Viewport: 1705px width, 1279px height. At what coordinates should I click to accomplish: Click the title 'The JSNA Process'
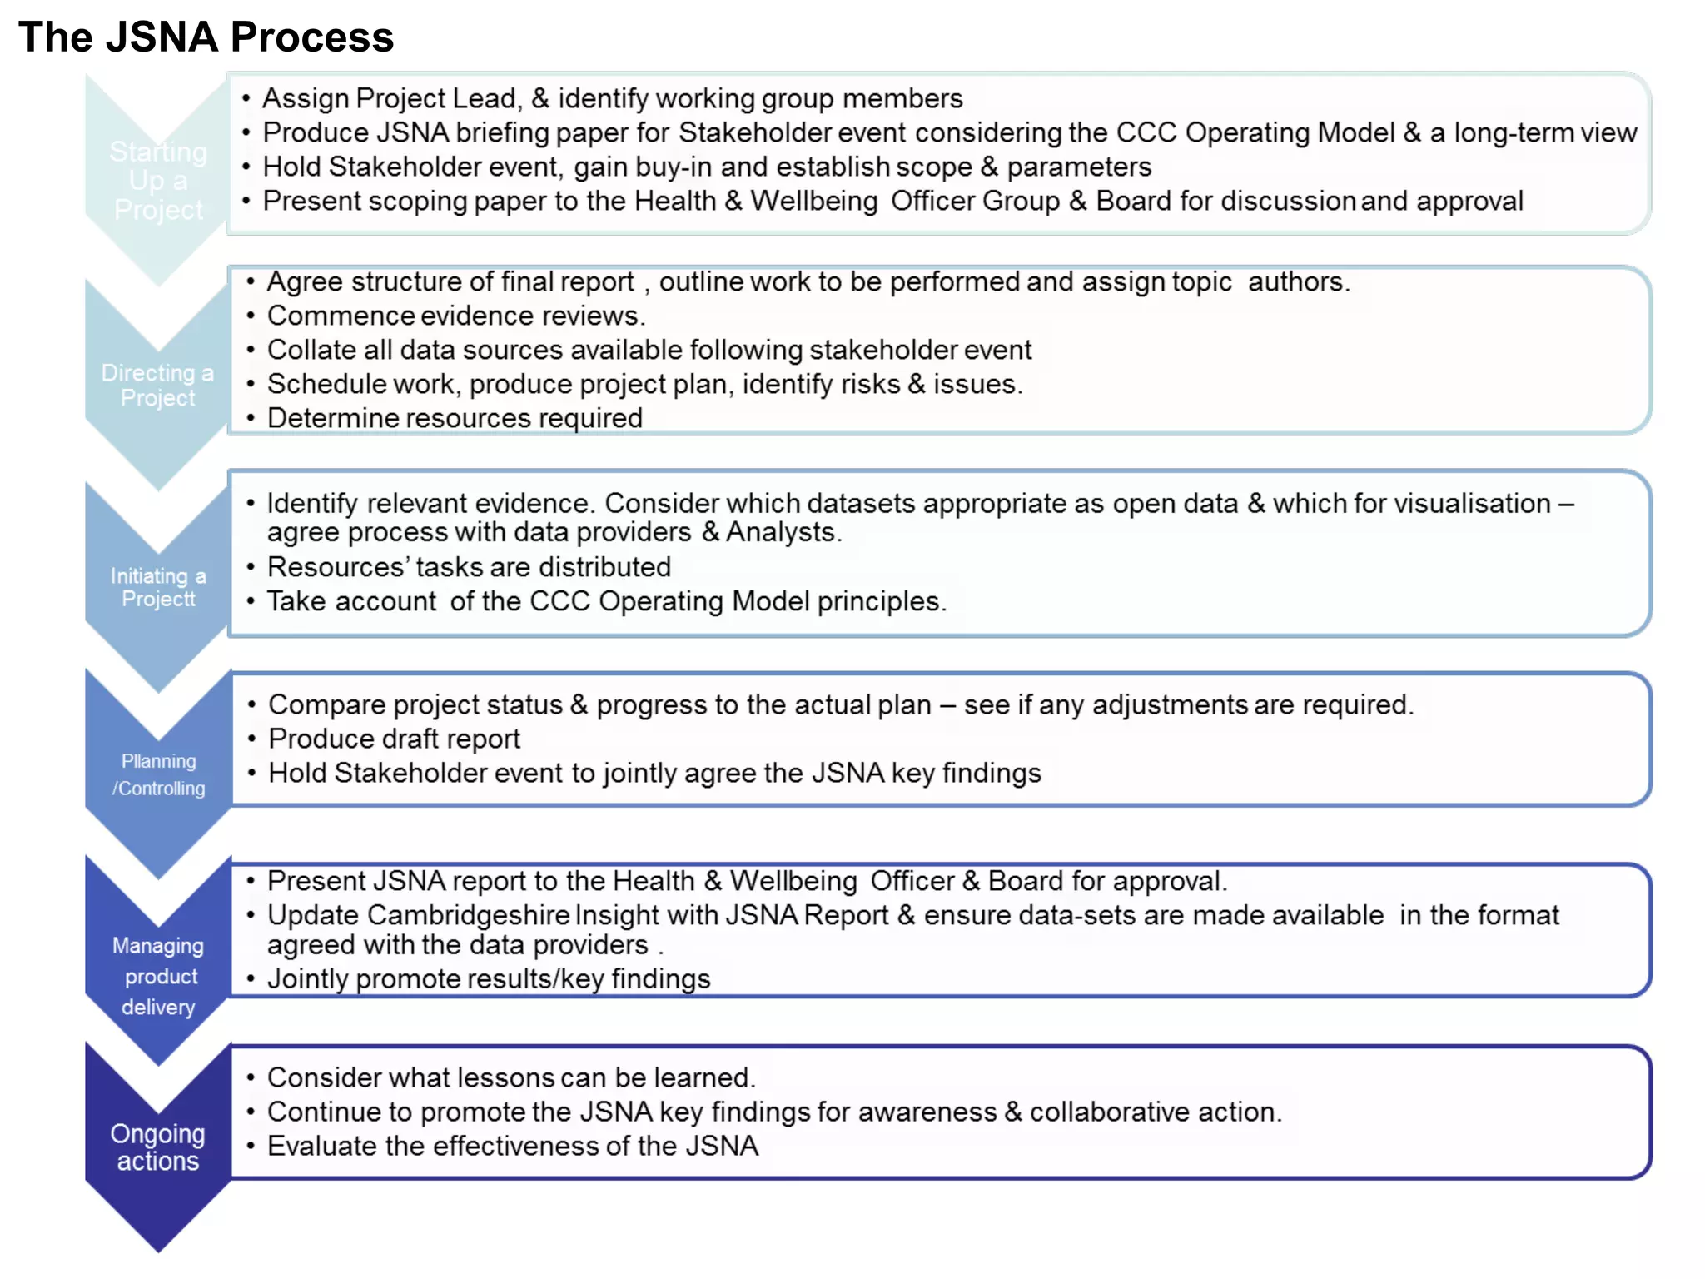pos(206,37)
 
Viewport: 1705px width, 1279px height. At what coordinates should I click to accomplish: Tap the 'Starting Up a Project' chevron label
pos(158,181)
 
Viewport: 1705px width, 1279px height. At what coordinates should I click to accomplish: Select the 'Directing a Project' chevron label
pos(158,385)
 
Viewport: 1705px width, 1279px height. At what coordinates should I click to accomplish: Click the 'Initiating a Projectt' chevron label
pos(158,587)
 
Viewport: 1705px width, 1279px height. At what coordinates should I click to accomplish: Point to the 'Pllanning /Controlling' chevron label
pos(158,774)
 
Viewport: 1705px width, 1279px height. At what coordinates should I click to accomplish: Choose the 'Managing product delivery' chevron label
pos(158,976)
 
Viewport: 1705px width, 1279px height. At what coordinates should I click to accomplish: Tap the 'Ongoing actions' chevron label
pos(158,1147)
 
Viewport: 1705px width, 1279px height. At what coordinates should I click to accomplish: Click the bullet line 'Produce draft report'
pos(394,739)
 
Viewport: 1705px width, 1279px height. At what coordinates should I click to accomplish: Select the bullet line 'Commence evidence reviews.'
pos(455,316)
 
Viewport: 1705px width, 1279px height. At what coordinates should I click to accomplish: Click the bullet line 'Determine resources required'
pos(455,418)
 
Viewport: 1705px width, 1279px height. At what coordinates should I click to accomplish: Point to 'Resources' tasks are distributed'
pos(469,567)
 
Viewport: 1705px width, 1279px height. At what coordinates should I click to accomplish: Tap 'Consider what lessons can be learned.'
pos(511,1077)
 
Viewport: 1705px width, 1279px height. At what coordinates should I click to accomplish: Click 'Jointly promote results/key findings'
pos(489,979)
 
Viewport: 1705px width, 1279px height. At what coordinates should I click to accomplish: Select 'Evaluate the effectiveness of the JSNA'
pos(513,1146)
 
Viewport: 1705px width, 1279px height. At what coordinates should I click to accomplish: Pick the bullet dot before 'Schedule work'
pos(250,385)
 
